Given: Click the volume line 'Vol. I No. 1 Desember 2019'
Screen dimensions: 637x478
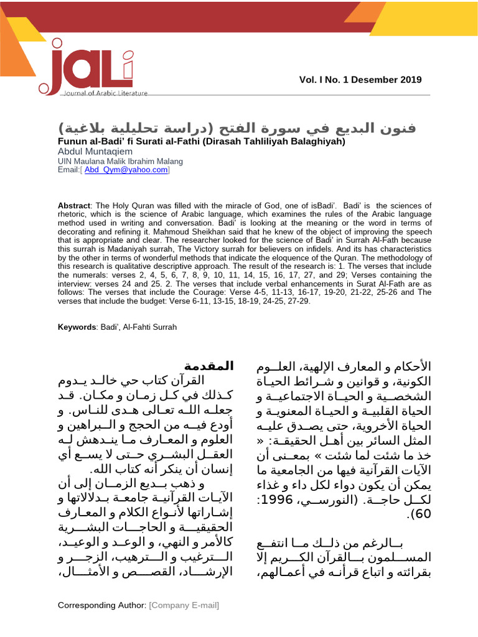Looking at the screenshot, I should (360, 80).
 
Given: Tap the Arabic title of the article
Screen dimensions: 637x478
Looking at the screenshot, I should (238, 129).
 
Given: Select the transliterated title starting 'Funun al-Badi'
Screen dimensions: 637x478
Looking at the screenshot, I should (201, 141).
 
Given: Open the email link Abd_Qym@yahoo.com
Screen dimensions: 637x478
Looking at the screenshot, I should (126, 169).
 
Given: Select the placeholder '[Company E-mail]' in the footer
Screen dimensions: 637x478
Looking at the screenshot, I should (185, 605).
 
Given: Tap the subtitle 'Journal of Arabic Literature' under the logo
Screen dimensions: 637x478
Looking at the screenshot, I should (105, 93).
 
